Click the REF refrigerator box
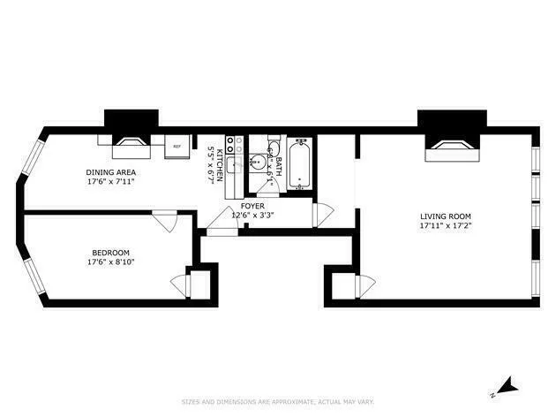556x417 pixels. [177, 146]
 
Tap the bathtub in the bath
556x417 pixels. [300, 164]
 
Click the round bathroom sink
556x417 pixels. [257, 161]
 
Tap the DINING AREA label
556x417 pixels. [110, 172]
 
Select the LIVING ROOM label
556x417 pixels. [446, 216]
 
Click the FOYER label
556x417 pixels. [253, 206]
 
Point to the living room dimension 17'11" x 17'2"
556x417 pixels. [446, 226]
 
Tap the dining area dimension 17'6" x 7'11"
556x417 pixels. [110, 182]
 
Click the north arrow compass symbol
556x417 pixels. [506, 386]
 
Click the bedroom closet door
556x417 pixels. [181, 284]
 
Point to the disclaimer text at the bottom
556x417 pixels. [277, 403]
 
